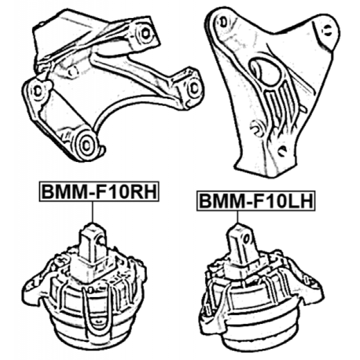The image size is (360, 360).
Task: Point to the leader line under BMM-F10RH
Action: (x=93, y=212)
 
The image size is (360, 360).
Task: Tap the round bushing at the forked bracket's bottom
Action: (x=86, y=144)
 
